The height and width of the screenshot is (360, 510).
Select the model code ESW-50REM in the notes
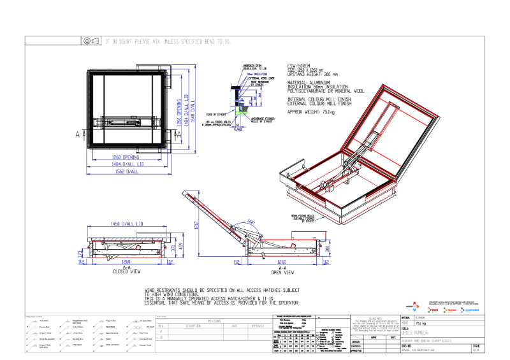click(x=299, y=66)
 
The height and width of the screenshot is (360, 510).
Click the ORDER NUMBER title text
click(x=436, y=333)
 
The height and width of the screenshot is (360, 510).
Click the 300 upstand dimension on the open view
click(x=327, y=248)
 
